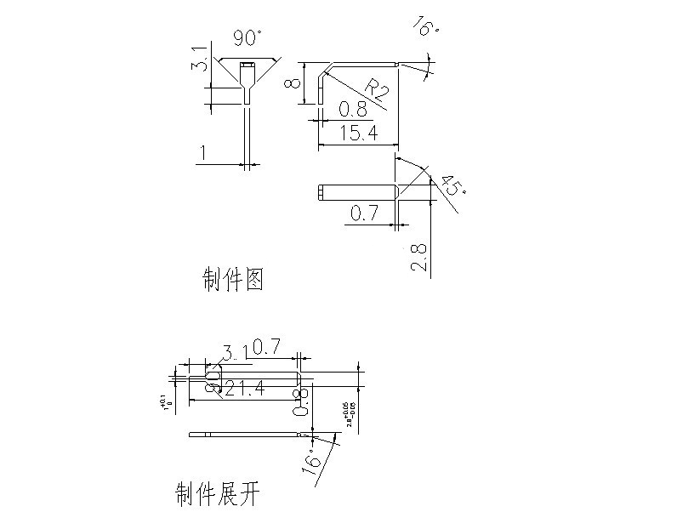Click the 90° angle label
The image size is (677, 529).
tap(248, 38)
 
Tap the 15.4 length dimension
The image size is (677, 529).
tap(358, 133)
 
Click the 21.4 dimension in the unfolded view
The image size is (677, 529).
tap(242, 388)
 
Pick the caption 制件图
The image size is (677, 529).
tap(232, 278)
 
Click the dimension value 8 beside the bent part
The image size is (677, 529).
tap(291, 82)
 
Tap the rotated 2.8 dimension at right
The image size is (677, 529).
tap(418, 255)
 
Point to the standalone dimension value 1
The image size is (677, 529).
tap(202, 153)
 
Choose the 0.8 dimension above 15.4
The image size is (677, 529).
tap(354, 110)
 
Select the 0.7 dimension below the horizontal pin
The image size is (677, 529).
tap(363, 213)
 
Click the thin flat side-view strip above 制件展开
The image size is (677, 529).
tap(247, 435)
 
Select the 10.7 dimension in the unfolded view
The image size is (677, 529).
tap(263, 348)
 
